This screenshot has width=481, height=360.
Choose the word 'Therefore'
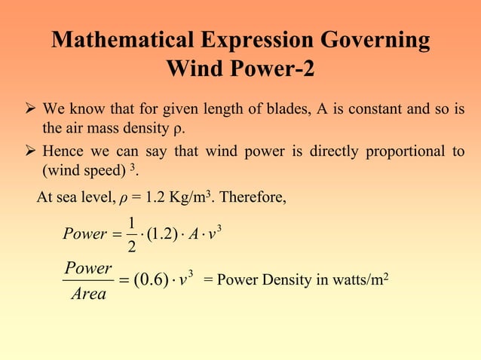coord(250,199)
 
